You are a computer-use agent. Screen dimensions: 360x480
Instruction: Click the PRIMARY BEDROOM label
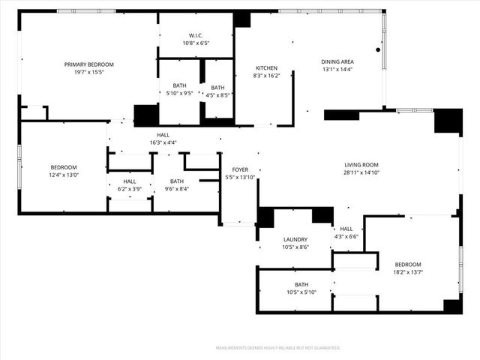[88, 65]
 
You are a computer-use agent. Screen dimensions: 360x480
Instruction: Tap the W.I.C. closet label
[196, 35]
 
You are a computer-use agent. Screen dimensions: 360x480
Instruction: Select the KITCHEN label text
[266, 68]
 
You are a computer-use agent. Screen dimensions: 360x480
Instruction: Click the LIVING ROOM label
[361, 164]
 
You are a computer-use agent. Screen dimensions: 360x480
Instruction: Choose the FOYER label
[240, 170]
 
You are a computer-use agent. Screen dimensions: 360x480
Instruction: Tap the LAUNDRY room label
[295, 239]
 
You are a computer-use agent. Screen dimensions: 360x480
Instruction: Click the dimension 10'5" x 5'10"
[301, 292]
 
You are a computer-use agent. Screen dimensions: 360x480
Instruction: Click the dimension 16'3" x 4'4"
[163, 142]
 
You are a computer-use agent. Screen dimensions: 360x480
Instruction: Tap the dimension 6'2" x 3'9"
[130, 188]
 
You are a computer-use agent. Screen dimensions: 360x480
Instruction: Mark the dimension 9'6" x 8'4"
[176, 188]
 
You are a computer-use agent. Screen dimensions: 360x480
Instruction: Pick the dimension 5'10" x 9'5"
[179, 94]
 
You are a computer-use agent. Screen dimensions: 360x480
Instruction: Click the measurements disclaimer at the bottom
[277, 348]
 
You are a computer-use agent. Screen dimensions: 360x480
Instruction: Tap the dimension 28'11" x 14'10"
[361, 172]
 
